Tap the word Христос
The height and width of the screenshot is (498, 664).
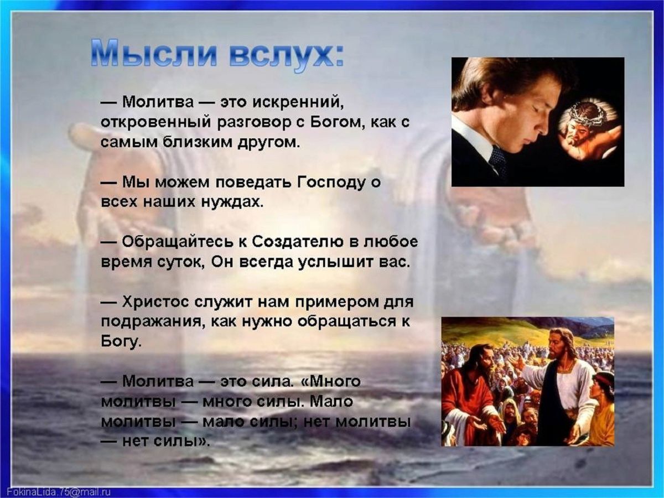(x=156, y=303)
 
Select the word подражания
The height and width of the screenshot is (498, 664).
(x=148, y=322)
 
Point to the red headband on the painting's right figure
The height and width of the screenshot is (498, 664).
(x=604, y=380)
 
